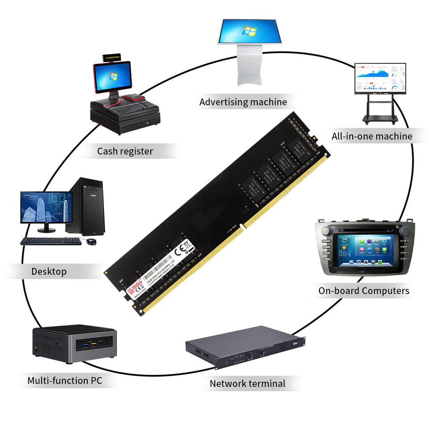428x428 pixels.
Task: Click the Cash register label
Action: tap(125, 151)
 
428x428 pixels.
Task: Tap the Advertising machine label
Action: tap(243, 102)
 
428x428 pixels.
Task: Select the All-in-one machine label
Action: tap(372, 136)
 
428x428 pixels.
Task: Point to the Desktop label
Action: tap(49, 271)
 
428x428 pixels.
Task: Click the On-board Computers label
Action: tap(363, 291)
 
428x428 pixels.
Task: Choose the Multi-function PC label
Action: tap(65, 380)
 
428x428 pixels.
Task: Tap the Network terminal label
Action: tap(247, 383)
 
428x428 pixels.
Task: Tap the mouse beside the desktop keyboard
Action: tap(91, 241)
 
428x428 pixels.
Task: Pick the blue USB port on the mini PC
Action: tap(84, 345)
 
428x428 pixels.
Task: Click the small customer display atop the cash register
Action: tap(111, 58)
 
